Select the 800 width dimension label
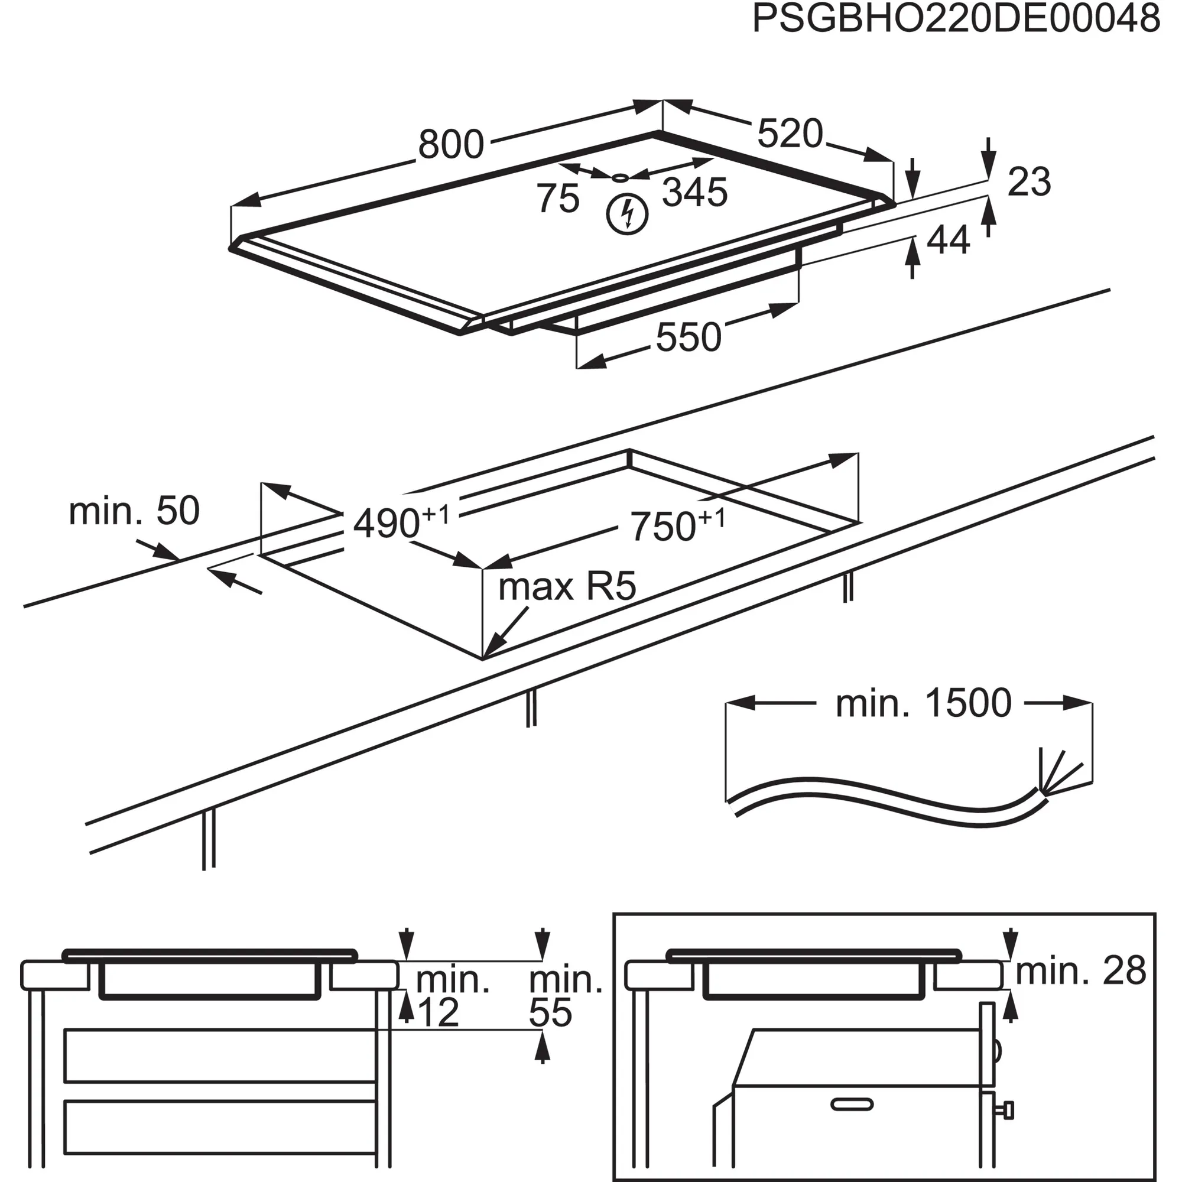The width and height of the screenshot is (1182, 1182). coord(451,145)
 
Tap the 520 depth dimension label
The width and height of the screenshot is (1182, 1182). coord(790,134)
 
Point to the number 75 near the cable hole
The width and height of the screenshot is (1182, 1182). coord(558,198)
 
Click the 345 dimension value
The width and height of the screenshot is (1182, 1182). coord(695,192)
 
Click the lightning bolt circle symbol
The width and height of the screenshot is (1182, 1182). coord(626,213)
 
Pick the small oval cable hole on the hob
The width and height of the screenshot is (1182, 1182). coord(621,178)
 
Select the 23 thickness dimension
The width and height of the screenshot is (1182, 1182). coord(1029,181)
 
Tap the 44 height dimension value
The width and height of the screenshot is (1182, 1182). coord(949,240)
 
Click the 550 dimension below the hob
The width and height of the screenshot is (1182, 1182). coord(689,337)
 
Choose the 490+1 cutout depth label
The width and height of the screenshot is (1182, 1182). coord(401,522)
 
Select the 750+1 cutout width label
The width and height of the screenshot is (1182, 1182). coord(677,525)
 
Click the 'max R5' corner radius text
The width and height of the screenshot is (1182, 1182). coord(567,587)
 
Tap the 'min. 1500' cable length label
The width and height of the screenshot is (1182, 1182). coord(923,703)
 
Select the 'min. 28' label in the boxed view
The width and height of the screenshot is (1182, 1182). coord(1080,971)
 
